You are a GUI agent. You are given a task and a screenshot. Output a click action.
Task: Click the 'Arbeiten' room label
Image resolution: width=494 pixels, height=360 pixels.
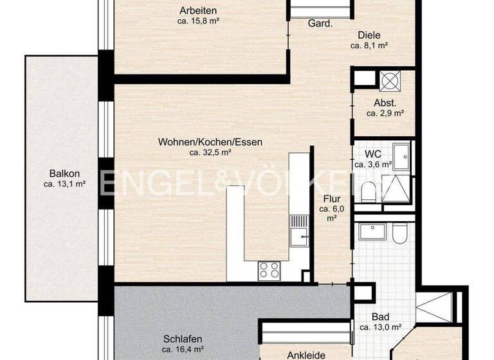pyautogui.click(x=198, y=10)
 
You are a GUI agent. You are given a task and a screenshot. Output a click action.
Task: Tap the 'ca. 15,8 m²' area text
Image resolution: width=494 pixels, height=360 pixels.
pyautogui.click(x=198, y=21)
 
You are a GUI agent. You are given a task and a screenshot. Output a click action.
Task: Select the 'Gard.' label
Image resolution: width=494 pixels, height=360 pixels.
pyautogui.click(x=320, y=24)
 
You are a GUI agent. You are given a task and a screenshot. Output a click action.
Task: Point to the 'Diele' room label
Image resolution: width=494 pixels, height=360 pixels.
pyautogui.click(x=369, y=36)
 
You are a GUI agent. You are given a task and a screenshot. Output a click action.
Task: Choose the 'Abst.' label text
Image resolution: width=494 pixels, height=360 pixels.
pyautogui.click(x=385, y=104)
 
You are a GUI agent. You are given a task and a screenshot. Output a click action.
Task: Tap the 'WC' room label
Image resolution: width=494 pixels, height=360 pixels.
pyautogui.click(x=373, y=154)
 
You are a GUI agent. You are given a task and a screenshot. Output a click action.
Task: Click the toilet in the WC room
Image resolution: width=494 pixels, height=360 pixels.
pyautogui.click(x=369, y=191)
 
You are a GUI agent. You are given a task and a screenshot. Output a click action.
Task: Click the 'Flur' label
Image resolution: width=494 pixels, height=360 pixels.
pyautogui.click(x=331, y=199)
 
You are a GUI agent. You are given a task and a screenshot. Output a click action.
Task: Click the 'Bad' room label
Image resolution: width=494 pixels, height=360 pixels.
pyautogui.click(x=381, y=317)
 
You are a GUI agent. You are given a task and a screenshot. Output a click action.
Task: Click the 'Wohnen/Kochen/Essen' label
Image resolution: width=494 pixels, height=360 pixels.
pyautogui.click(x=210, y=142)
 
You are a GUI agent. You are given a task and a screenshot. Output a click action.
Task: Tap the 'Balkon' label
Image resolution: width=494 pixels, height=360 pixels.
pyautogui.click(x=64, y=173)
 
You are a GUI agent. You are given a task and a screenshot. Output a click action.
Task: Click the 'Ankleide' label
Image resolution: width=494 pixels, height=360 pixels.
pyautogui.click(x=306, y=355)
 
